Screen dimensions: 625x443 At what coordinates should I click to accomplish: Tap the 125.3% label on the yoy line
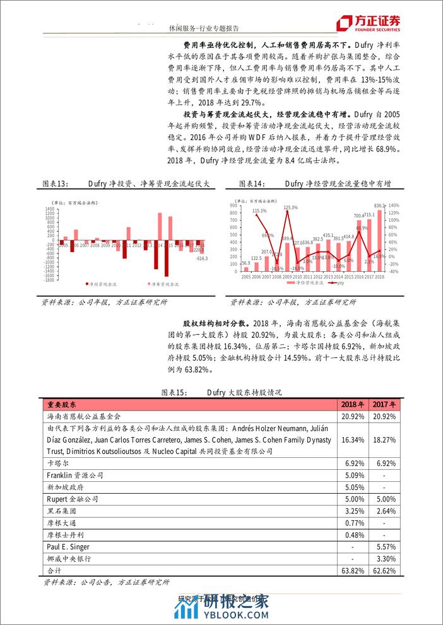click(x=291, y=207)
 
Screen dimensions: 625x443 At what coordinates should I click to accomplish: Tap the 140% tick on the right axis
click(x=392, y=206)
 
